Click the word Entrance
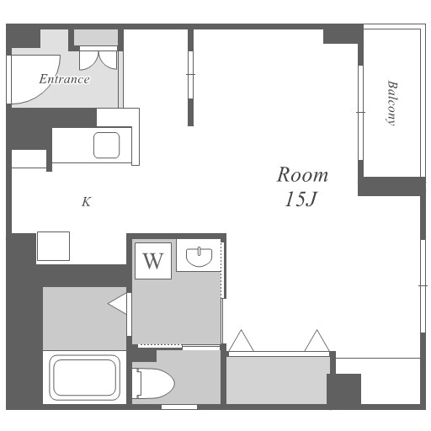[x=64, y=79]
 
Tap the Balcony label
[x=391, y=104]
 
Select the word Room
[x=302, y=174]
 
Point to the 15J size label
[x=301, y=200]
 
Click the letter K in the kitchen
[x=86, y=202]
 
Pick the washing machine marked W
[x=153, y=261]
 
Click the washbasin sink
[x=199, y=257]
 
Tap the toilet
[x=154, y=383]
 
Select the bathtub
[x=84, y=378]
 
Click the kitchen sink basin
[x=107, y=146]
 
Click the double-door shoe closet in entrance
[x=98, y=58]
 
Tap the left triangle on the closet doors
[x=241, y=341]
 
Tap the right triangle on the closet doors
[x=317, y=341]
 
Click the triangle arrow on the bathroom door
[x=117, y=303]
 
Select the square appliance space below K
[x=53, y=246]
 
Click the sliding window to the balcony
[x=361, y=113]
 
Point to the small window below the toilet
[x=179, y=407]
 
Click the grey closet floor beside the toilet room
[x=276, y=380]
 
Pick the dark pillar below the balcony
[x=391, y=186]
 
